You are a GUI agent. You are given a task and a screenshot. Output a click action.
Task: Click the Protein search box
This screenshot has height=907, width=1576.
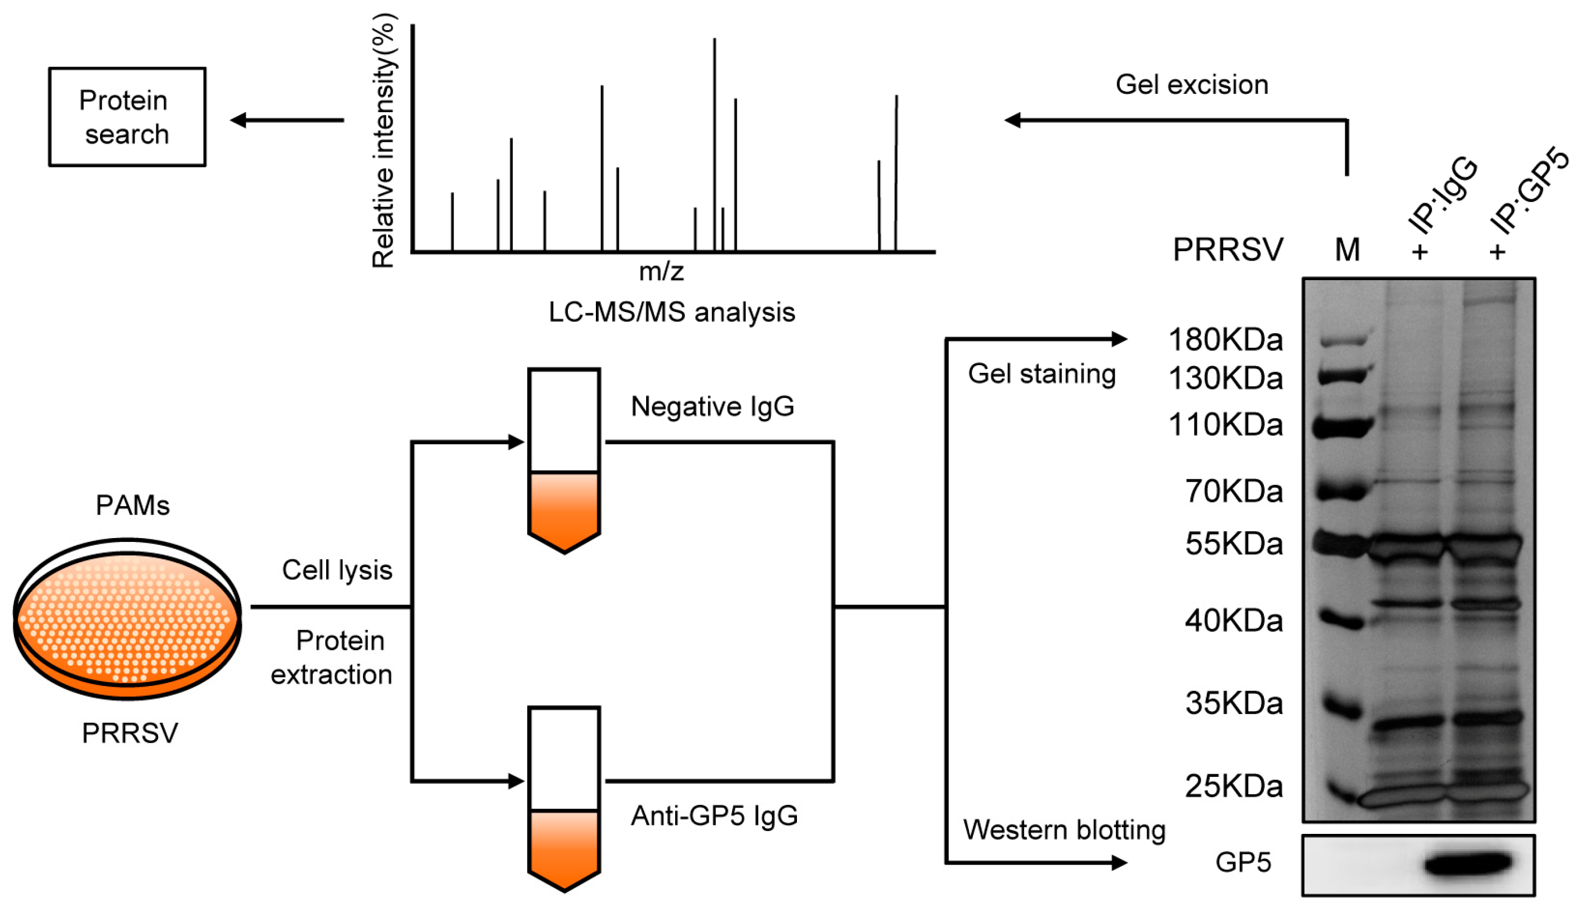(127, 117)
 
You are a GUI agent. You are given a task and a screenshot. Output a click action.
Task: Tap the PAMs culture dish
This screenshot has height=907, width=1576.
(128, 620)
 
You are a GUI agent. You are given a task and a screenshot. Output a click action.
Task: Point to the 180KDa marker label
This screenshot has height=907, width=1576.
(1225, 340)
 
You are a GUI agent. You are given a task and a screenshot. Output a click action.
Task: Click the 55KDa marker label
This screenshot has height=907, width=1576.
(1234, 544)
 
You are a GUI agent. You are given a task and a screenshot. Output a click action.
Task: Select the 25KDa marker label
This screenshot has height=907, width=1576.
(1234, 786)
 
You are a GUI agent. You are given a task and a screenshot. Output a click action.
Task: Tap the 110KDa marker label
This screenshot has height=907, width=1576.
(1225, 425)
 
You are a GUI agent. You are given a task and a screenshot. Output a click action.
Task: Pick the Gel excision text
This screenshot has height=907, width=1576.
(1192, 85)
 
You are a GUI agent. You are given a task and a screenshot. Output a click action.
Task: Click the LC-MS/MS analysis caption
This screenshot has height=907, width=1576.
(672, 312)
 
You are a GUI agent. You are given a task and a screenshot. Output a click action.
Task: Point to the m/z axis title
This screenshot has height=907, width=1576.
(661, 272)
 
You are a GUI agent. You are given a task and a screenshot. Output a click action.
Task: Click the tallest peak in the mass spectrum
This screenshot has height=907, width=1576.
(714, 145)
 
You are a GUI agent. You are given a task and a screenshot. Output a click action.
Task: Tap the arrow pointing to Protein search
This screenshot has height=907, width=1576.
(286, 119)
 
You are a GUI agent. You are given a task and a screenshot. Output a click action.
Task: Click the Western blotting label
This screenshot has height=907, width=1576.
(1064, 830)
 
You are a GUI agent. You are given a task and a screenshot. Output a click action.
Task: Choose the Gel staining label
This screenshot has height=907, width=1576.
(1042, 374)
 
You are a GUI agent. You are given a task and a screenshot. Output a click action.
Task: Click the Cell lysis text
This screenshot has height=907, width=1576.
(337, 570)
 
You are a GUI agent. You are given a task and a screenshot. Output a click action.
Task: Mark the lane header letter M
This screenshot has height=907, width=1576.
(1347, 251)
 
